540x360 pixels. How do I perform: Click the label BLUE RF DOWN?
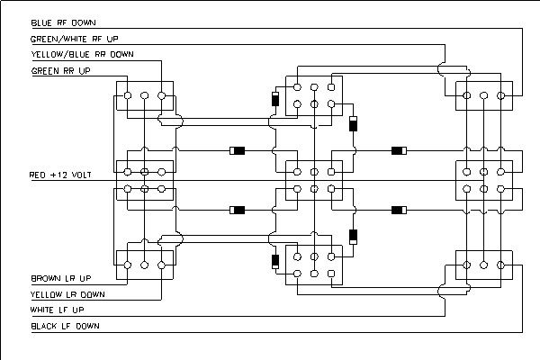(x=64, y=22)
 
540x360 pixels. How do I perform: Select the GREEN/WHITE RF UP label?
(x=75, y=39)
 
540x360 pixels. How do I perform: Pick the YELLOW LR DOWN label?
(x=68, y=293)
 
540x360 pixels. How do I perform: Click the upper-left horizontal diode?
(x=238, y=149)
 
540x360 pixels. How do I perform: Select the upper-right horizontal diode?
(x=398, y=149)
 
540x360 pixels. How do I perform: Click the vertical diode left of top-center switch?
(x=274, y=100)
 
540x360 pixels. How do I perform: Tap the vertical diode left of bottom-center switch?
(x=274, y=262)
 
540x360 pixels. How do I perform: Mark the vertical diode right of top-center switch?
(x=354, y=125)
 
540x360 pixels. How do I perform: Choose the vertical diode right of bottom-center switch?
(x=354, y=238)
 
